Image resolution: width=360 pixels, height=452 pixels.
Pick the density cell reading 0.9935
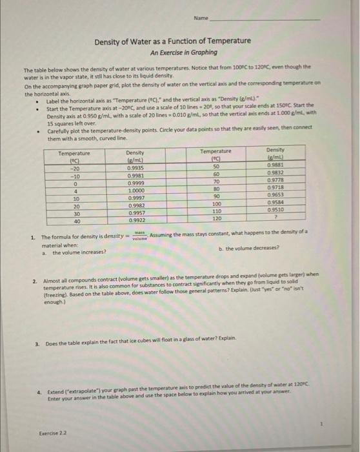click(x=135, y=166)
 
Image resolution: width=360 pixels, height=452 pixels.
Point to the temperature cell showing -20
click(x=74, y=166)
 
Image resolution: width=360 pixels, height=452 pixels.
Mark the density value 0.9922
click(x=135, y=220)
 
